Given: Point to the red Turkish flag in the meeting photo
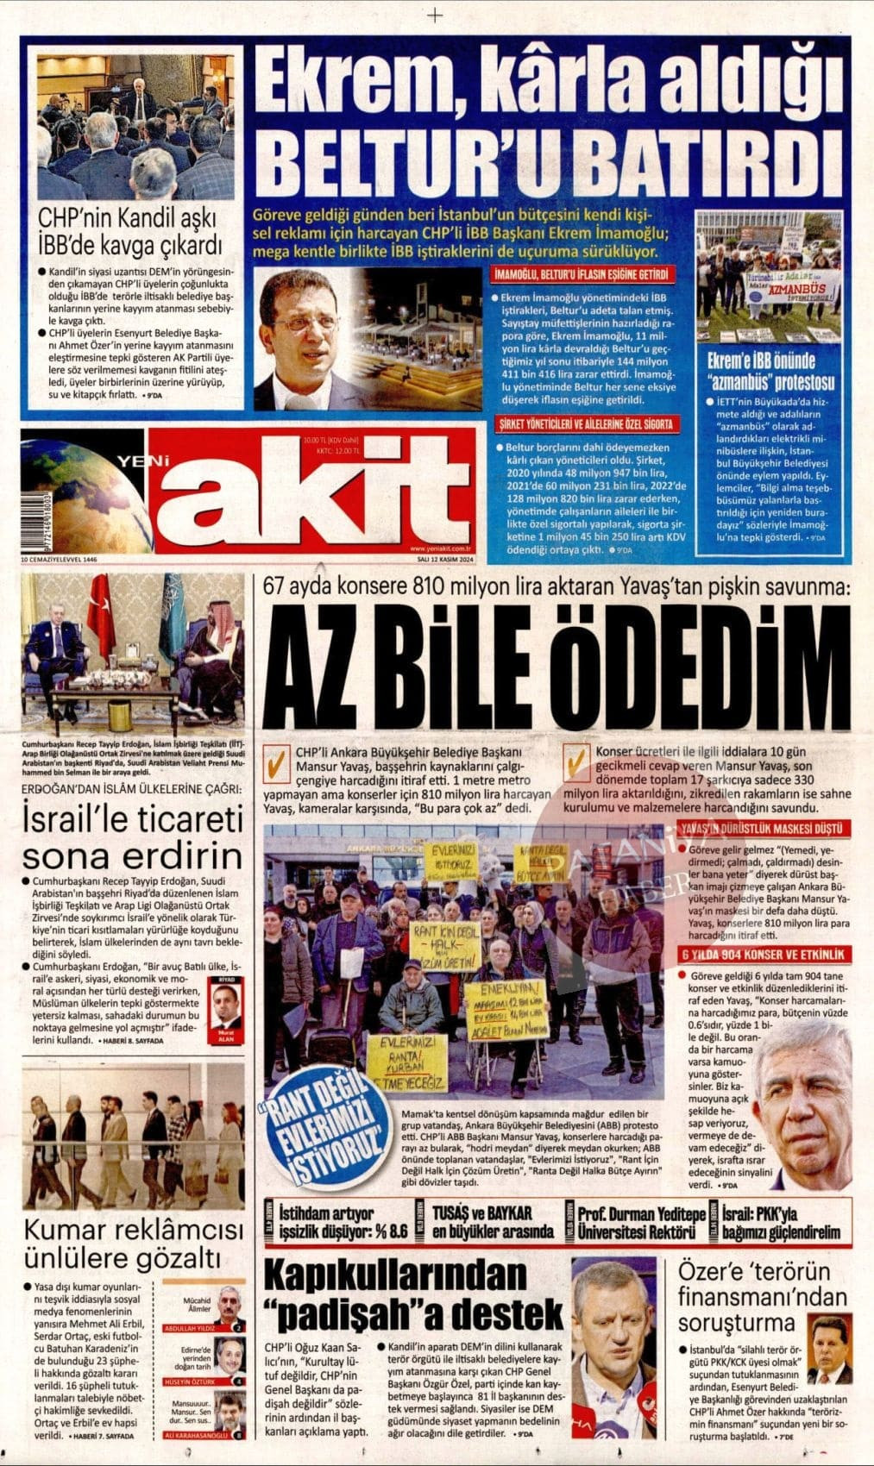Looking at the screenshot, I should coord(102,614).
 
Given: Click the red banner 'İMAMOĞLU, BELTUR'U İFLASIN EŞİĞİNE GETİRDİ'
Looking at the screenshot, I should coord(582,275).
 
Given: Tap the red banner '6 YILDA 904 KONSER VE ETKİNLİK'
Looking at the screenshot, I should coord(764,955).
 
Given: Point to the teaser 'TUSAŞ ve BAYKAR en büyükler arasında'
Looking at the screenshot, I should coord(492,1222).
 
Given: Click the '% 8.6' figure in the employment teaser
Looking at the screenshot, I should coord(386,1231).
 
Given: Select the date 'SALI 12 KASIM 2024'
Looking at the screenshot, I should coord(441,559).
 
